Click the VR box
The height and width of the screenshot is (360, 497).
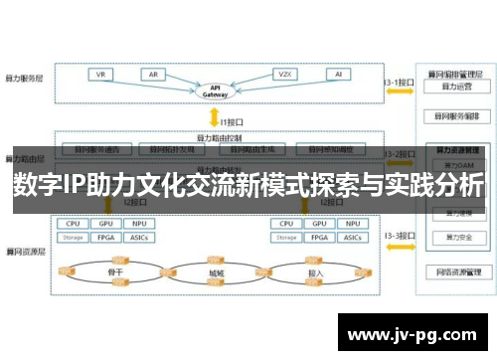click(101, 75)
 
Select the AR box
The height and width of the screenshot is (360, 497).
click(155, 75)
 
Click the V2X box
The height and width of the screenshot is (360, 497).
click(285, 75)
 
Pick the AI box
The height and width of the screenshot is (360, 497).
click(339, 75)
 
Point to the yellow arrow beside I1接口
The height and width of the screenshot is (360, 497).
click(222, 119)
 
